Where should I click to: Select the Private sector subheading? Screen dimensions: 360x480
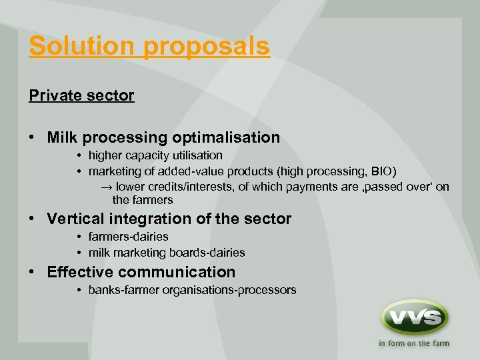81,95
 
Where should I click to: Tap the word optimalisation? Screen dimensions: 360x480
226,138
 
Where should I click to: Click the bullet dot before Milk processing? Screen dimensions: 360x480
33,138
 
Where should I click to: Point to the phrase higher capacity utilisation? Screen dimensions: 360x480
155,155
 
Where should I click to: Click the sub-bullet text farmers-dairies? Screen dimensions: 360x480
128,237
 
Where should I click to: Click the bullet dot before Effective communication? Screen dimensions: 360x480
33,272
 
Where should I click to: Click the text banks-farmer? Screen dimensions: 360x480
119,290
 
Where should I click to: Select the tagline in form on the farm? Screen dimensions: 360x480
414,344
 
